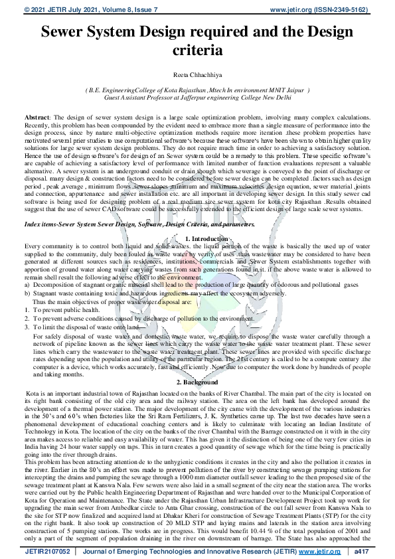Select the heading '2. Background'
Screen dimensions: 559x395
[197, 382]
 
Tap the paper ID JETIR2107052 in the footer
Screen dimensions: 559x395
[47, 550]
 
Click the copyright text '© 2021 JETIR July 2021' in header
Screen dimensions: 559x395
[60, 9]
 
